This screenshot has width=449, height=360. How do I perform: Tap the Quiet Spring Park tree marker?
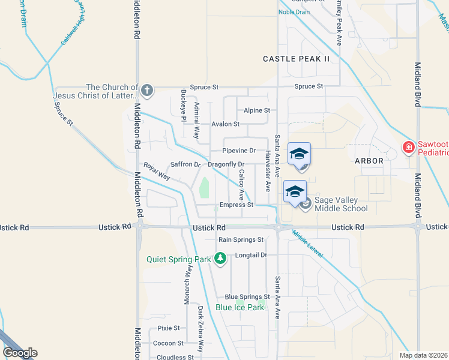pyautogui.click(x=221, y=259)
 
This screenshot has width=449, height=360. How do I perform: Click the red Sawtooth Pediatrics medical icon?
pyautogui.click(x=408, y=147)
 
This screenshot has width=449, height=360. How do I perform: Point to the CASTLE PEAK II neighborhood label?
pyautogui.click(x=297, y=59)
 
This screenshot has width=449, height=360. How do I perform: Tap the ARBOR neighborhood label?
pyautogui.click(x=369, y=161)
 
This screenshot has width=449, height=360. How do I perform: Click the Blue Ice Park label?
pyautogui.click(x=240, y=307)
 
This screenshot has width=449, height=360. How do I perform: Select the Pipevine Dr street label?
pyautogui.click(x=239, y=151)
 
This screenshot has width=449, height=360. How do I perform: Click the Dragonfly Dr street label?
pyautogui.click(x=226, y=164)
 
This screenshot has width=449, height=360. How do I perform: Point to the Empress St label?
pyautogui.click(x=236, y=205)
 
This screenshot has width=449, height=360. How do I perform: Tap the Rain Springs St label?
pyautogui.click(x=241, y=239)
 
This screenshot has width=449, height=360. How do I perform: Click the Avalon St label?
pyautogui.click(x=225, y=124)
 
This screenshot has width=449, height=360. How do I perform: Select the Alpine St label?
pyautogui.click(x=257, y=110)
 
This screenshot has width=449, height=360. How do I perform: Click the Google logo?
pyautogui.click(x=20, y=353)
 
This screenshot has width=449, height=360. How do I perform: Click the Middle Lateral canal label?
pyautogui.click(x=308, y=244)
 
